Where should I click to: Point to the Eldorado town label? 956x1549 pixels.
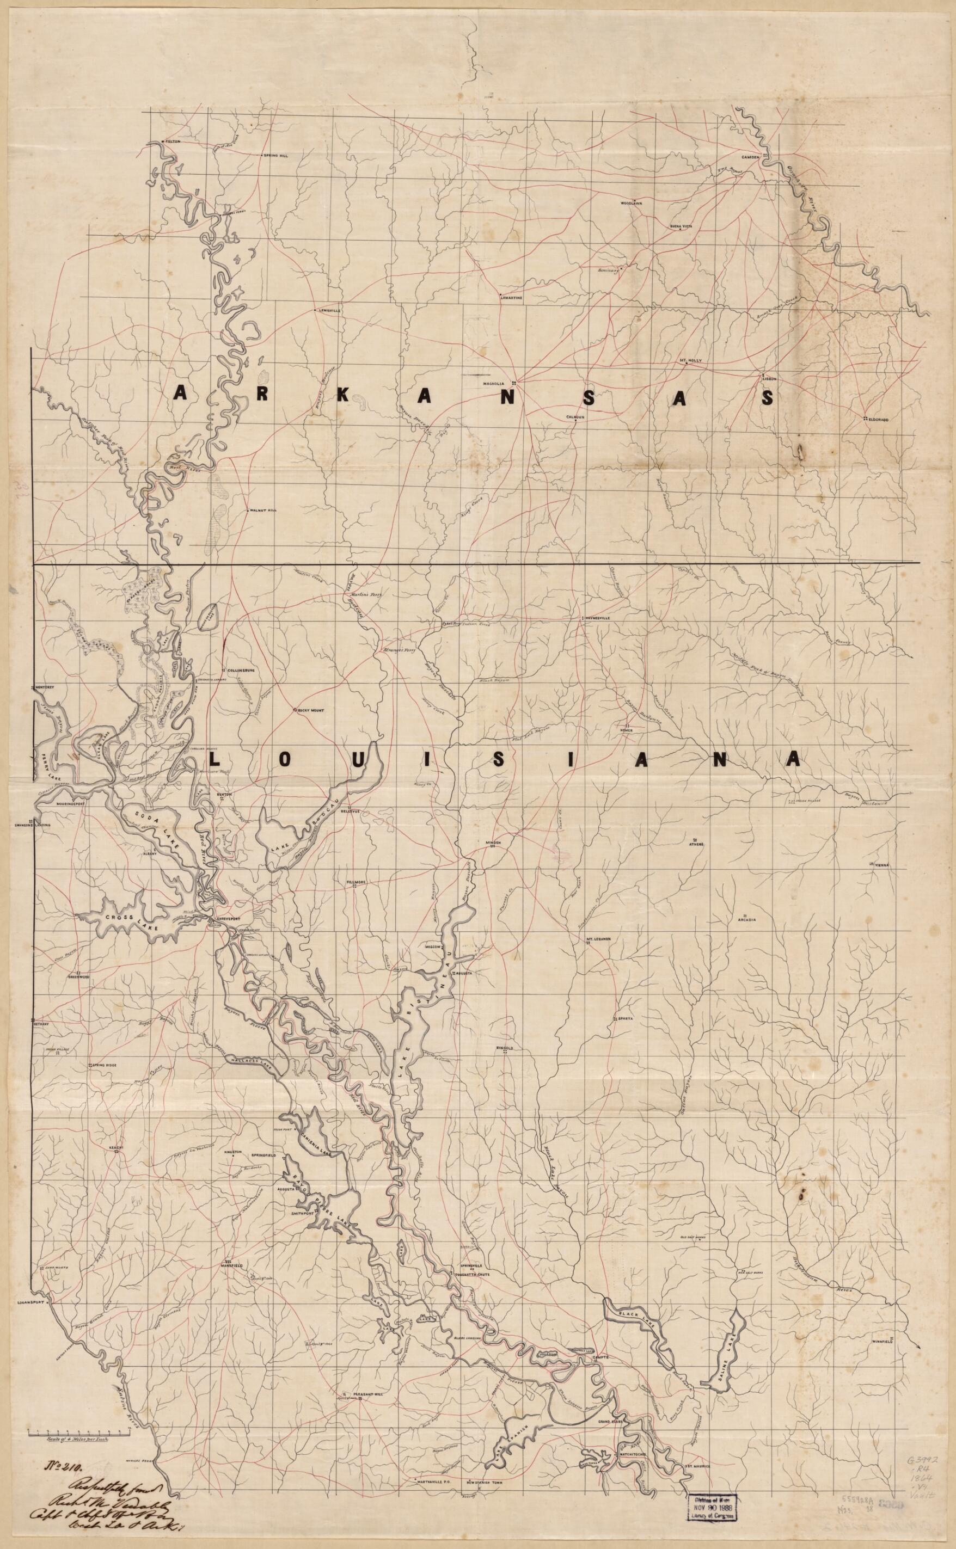tap(879, 420)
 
